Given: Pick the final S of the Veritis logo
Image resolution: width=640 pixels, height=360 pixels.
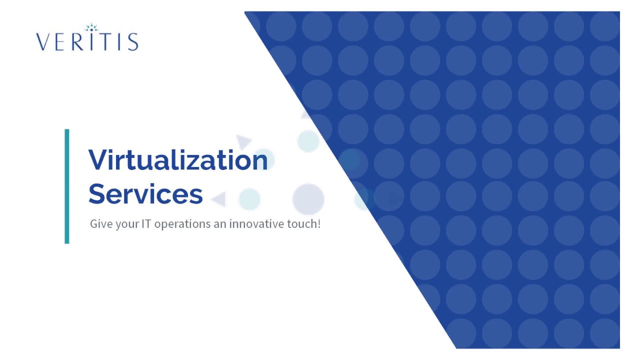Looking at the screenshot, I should point(133,41).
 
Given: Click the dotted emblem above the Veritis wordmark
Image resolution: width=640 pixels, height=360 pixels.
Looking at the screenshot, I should point(91,27).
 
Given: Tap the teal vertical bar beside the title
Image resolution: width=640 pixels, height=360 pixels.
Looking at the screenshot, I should point(67,186).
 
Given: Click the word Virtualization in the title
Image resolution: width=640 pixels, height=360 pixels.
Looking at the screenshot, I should point(178,160).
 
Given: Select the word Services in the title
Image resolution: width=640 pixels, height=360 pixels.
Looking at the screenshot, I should point(145,193).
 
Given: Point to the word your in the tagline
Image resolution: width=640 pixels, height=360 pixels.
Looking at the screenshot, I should point(126,224).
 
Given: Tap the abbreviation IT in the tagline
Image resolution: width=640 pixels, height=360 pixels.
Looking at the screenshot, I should point(146,224).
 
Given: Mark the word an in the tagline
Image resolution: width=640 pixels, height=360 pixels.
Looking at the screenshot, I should point(220,224).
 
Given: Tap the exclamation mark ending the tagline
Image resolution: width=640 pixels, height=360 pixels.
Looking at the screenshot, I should point(318,224).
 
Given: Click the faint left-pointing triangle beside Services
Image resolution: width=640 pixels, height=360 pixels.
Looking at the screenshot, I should point(218,199).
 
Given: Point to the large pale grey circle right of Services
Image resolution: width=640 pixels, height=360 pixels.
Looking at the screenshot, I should point(308,198).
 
